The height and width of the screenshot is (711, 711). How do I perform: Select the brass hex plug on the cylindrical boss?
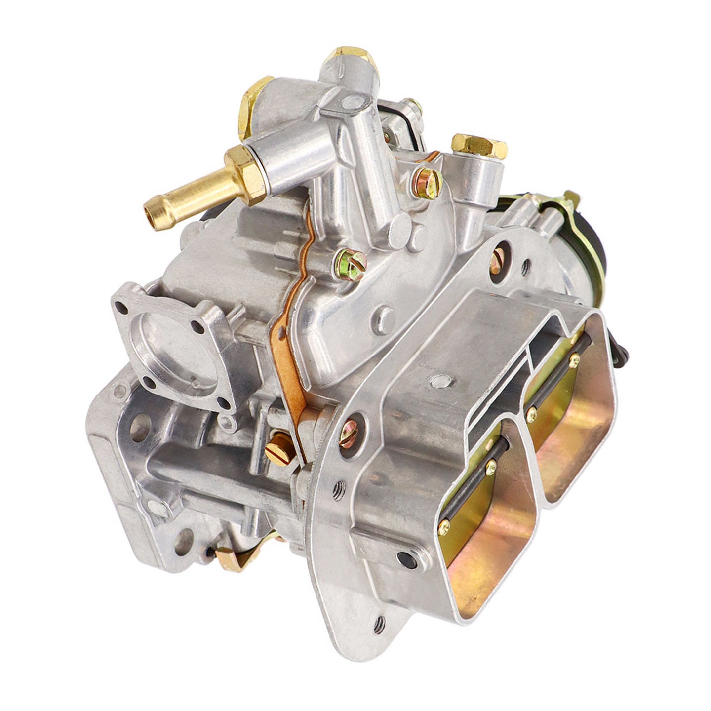click(479, 147)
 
